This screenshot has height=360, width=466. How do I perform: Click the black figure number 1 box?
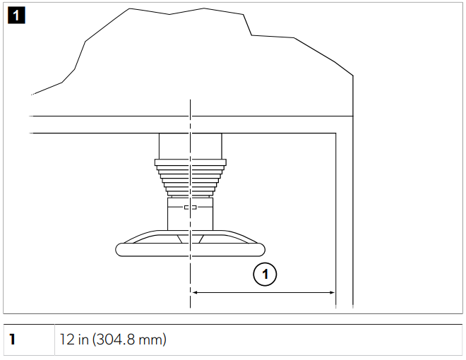(16, 15)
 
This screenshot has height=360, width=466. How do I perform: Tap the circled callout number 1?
(265, 274)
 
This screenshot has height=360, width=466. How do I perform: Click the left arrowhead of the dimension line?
(196, 292)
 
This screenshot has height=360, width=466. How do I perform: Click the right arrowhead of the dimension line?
(332, 292)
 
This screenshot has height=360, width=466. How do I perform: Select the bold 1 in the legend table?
(12, 340)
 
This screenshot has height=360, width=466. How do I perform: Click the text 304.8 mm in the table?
(129, 340)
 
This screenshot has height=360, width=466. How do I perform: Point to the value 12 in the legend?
(67, 340)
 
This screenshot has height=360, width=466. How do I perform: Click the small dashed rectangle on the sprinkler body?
(190, 208)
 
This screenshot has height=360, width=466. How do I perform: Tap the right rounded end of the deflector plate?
(261, 249)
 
